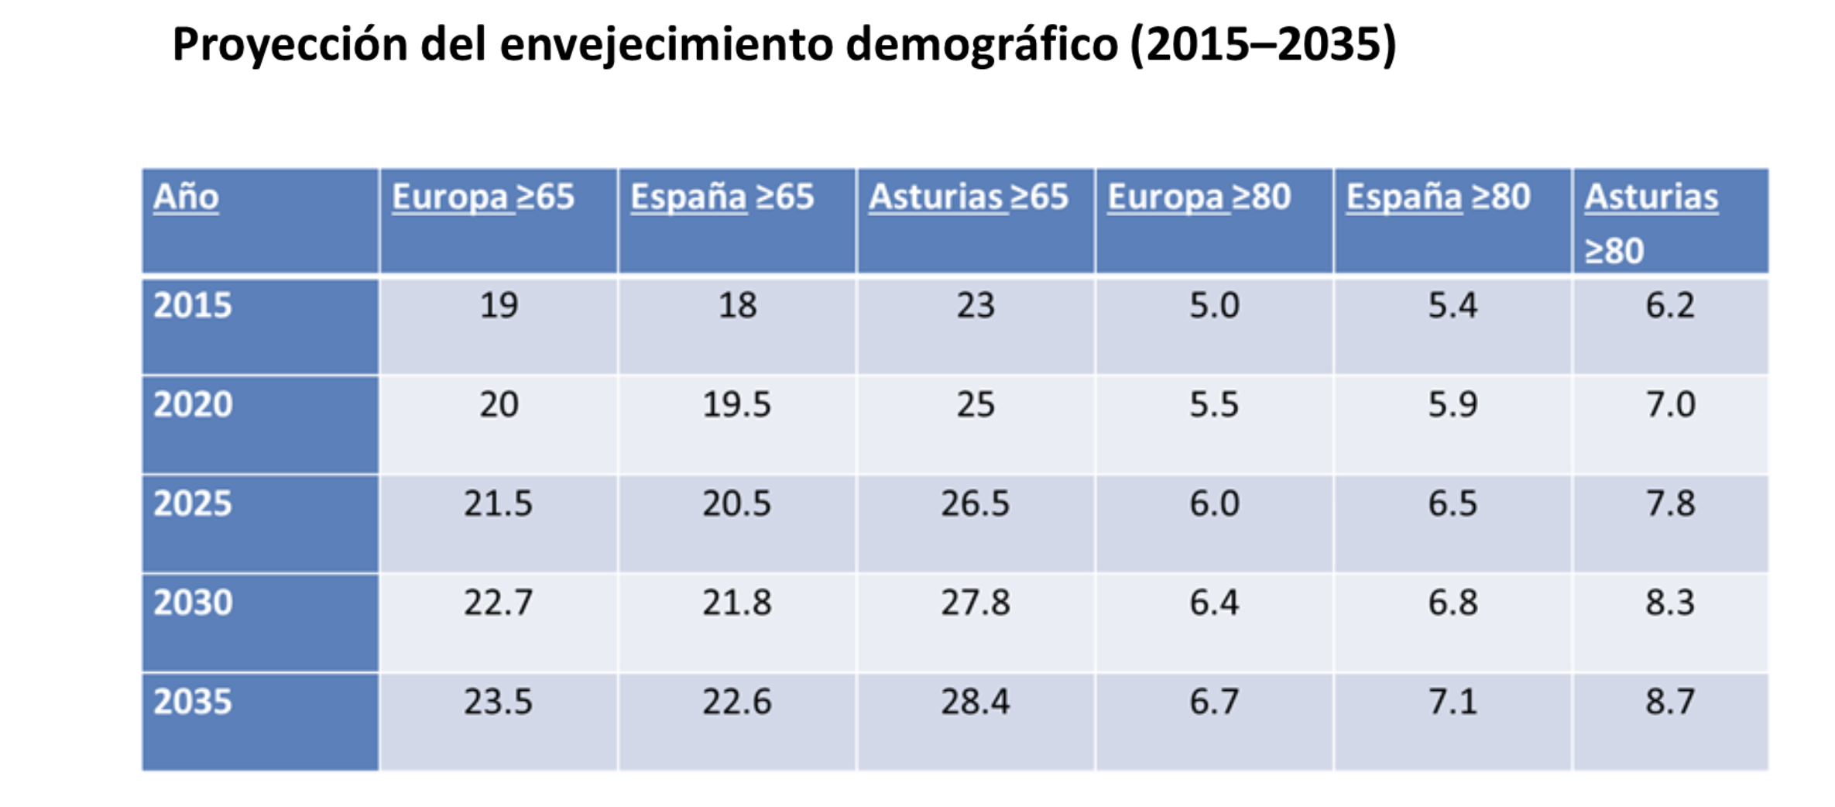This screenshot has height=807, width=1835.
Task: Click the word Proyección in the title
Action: [x=290, y=45]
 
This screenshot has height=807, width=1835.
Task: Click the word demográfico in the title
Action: [x=981, y=45]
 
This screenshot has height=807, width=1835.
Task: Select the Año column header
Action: [x=186, y=197]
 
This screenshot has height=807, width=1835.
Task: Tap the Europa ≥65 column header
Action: [x=482, y=197]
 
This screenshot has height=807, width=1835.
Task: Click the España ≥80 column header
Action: [x=1438, y=197]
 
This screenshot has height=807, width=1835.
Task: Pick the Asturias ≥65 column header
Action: [x=968, y=197]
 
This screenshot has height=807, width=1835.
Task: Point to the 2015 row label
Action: [x=193, y=305]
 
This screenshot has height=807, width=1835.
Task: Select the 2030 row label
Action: [x=193, y=603]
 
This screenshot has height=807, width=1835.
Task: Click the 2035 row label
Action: [x=193, y=702]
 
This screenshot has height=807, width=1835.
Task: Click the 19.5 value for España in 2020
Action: [x=736, y=404]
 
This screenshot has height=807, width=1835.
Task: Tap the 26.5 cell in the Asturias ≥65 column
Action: [x=975, y=503]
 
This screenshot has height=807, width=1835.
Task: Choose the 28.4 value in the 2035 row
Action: [x=975, y=702]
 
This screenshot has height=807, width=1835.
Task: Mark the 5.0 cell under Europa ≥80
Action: [x=1214, y=305]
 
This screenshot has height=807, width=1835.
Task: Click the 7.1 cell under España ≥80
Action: [x=1453, y=702]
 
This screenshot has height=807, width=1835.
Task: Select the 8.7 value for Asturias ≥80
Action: [x=1670, y=702]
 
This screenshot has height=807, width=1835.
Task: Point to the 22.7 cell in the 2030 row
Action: [x=498, y=603]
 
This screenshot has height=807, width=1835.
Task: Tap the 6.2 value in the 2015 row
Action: [x=1670, y=305]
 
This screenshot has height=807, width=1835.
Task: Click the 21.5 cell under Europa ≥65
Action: [x=498, y=503]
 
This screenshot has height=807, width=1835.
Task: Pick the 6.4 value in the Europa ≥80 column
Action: [x=1214, y=603]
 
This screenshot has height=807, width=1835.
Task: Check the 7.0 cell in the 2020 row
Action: [x=1670, y=404]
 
